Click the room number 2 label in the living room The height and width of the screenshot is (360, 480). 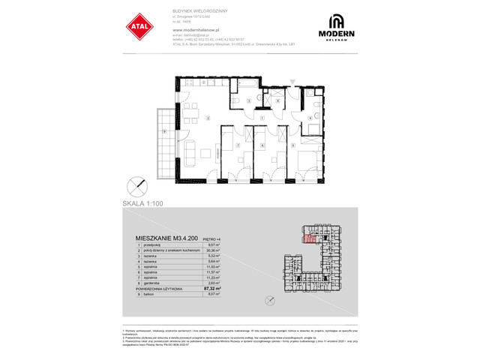coord(208,119)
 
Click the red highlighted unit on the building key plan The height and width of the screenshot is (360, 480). coord(309,240)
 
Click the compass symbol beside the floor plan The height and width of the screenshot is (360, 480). coord(136,184)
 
